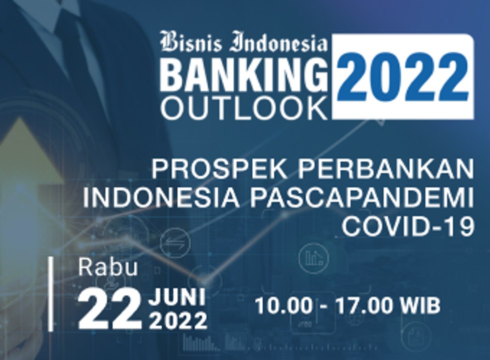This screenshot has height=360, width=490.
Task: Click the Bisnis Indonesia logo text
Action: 244,43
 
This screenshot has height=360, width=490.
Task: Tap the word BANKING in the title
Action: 244,75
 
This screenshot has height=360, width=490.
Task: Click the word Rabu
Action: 108,268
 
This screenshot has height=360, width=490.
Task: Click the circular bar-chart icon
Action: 313,257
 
